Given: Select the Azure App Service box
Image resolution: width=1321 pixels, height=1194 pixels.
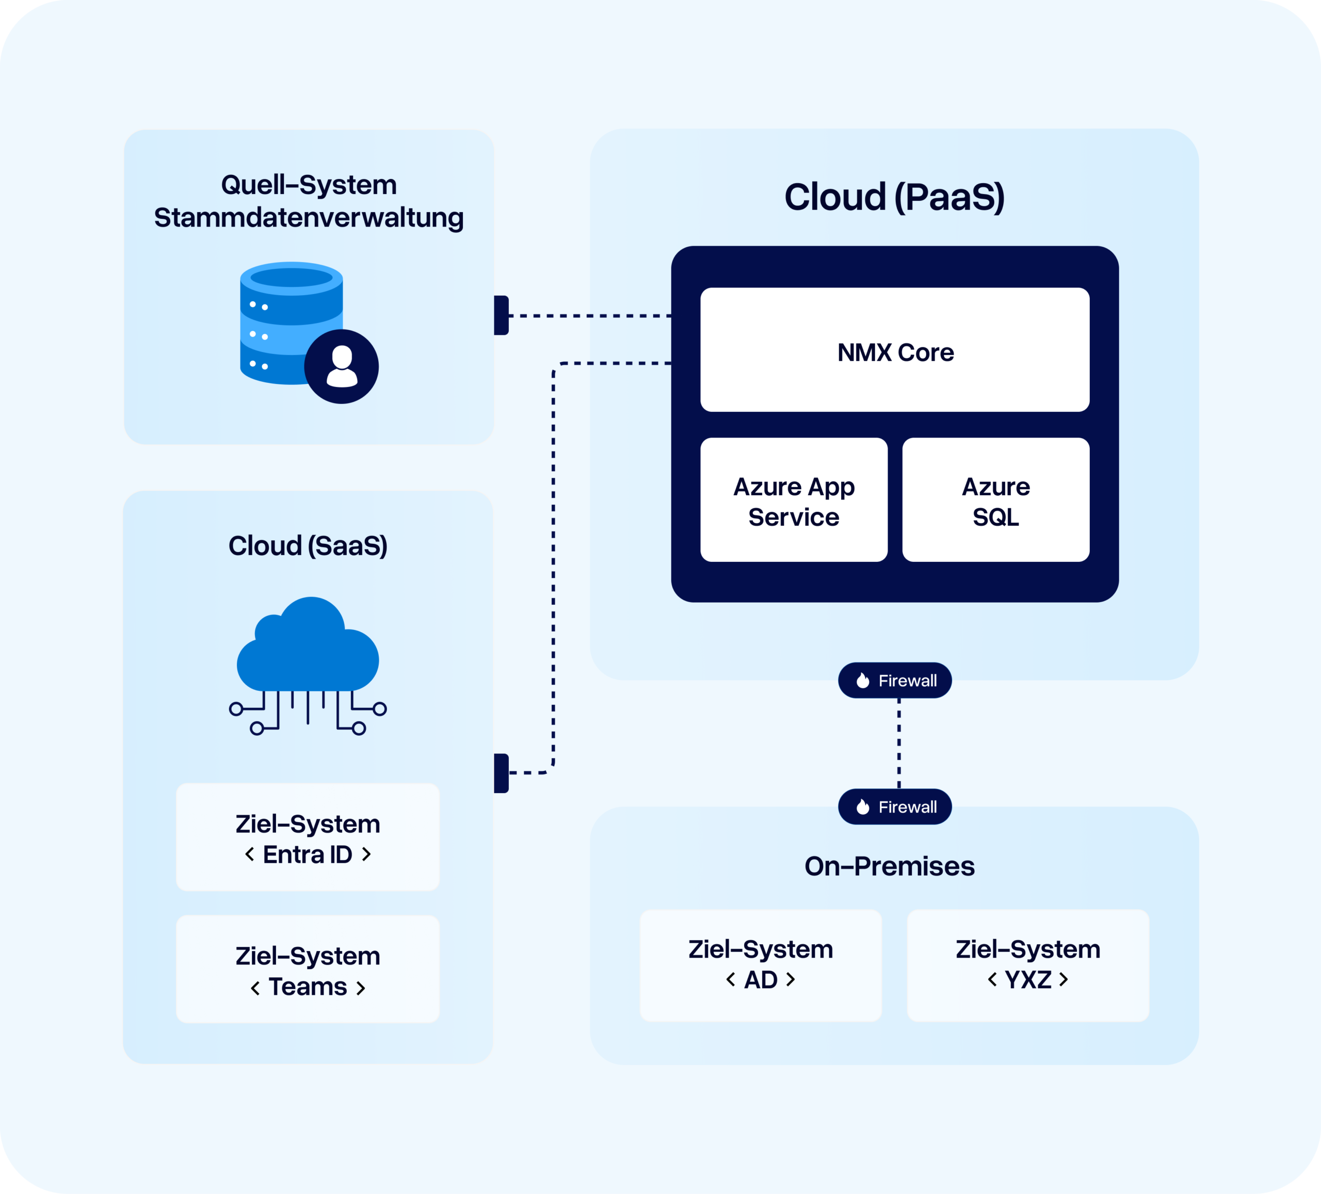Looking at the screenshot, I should coord(794,500).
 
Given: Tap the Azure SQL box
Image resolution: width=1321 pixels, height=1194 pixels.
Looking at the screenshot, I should coord(995,500).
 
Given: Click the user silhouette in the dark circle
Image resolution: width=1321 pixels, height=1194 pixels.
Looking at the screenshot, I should coord(342,366).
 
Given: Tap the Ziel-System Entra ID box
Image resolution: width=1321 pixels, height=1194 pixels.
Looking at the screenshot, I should coord(308,837).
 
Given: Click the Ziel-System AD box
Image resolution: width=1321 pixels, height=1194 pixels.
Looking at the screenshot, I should coord(761,964).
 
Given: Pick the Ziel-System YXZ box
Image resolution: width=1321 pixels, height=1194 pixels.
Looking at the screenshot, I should coord(1027,964).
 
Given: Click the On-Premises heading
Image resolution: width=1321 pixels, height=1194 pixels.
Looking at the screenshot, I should coord(889,866).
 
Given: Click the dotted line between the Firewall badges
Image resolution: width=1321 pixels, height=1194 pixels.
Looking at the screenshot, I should coord(898,743).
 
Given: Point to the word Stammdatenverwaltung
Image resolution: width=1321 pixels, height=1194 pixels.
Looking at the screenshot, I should coord(309,218).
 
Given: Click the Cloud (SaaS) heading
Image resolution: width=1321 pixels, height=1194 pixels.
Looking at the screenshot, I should coord(308,546).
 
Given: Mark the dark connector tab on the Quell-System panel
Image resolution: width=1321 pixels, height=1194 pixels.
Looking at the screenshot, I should coord(501,315).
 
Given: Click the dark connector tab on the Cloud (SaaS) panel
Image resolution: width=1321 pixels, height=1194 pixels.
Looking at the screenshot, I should coord(501,773).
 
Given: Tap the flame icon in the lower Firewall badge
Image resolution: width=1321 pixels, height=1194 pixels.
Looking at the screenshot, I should coord(863,806).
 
